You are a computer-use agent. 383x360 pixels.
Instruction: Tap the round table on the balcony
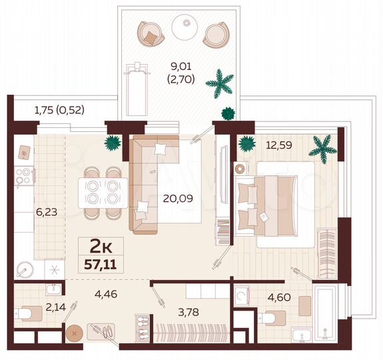coord(185,27)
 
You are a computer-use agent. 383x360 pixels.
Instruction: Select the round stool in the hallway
coord(75,331)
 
